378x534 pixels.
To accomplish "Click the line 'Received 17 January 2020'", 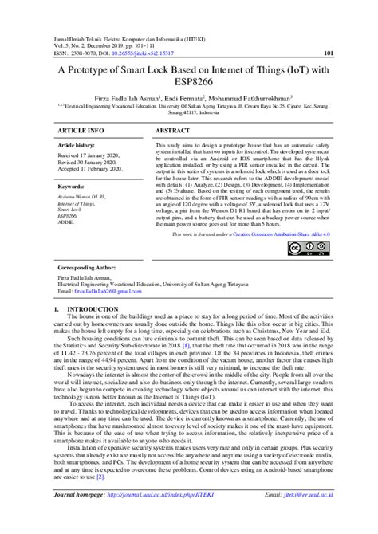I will pos(89,156).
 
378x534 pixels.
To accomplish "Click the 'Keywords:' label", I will pos(72,186).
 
